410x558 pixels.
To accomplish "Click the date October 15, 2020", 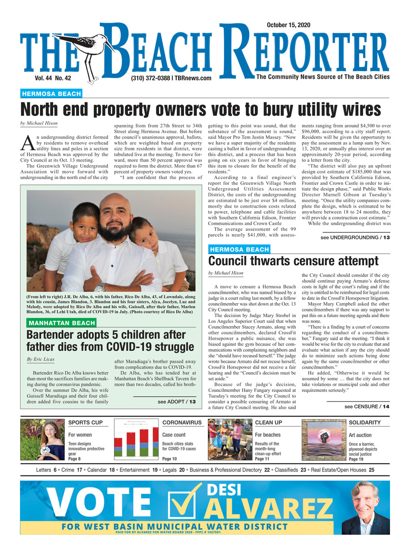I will [x=288, y=26].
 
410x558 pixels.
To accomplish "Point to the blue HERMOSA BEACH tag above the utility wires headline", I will [x=51, y=94].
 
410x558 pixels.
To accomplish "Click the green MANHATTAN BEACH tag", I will [x=61, y=323].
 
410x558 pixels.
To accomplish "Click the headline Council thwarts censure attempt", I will [x=293, y=261].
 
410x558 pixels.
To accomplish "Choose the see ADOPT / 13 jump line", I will [x=177, y=402].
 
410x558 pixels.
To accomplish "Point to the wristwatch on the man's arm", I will [x=100, y=287].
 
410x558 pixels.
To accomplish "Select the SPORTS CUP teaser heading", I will [x=85, y=423].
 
